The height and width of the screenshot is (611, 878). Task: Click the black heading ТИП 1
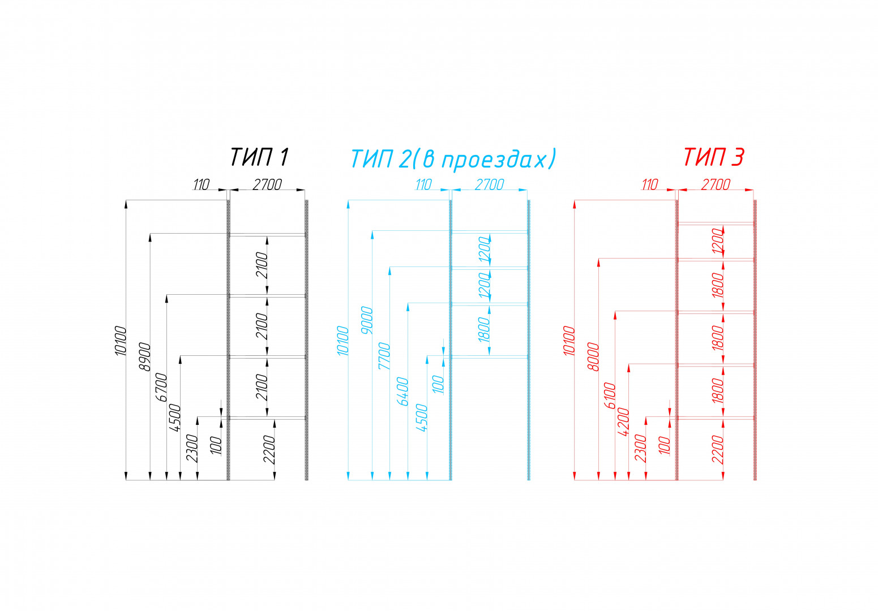(x=259, y=157)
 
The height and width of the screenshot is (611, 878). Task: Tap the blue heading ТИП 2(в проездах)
(x=453, y=158)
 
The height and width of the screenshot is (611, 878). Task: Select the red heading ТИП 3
(x=713, y=157)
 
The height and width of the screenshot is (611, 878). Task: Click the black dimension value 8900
(x=145, y=357)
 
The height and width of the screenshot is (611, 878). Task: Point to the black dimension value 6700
(x=161, y=388)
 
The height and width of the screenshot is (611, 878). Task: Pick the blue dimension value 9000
(x=367, y=320)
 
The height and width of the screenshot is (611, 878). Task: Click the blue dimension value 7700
(x=384, y=356)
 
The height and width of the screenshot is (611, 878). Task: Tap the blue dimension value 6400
(x=402, y=391)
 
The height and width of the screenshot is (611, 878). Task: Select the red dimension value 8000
(x=593, y=356)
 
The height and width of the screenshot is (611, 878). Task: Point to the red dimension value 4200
(x=623, y=421)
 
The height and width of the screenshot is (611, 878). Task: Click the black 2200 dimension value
(x=269, y=450)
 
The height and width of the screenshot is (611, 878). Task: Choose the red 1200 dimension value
(x=718, y=241)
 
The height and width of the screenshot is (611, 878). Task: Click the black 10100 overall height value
(x=121, y=341)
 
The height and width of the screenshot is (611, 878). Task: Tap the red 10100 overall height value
(x=569, y=341)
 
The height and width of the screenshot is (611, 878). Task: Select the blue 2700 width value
(x=489, y=184)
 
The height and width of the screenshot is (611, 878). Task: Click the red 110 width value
(x=649, y=184)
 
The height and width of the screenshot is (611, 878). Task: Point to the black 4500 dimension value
(x=175, y=419)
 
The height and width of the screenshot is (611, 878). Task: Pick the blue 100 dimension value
(x=438, y=385)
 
